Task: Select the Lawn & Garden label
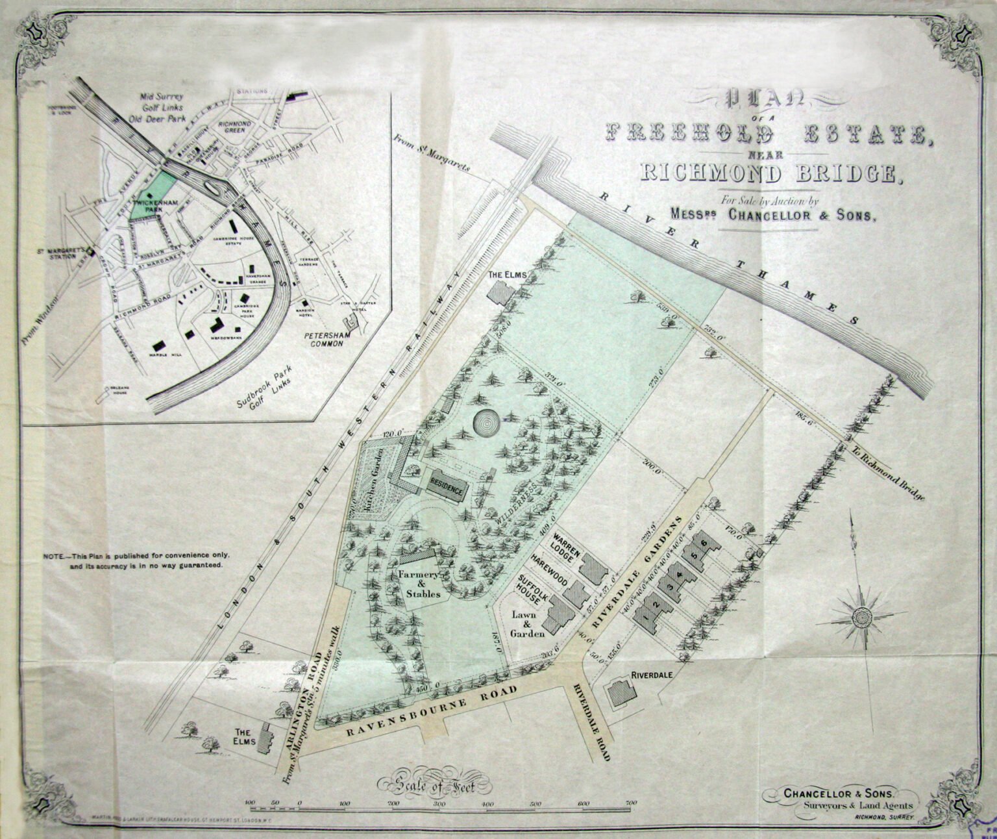point(526,623)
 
